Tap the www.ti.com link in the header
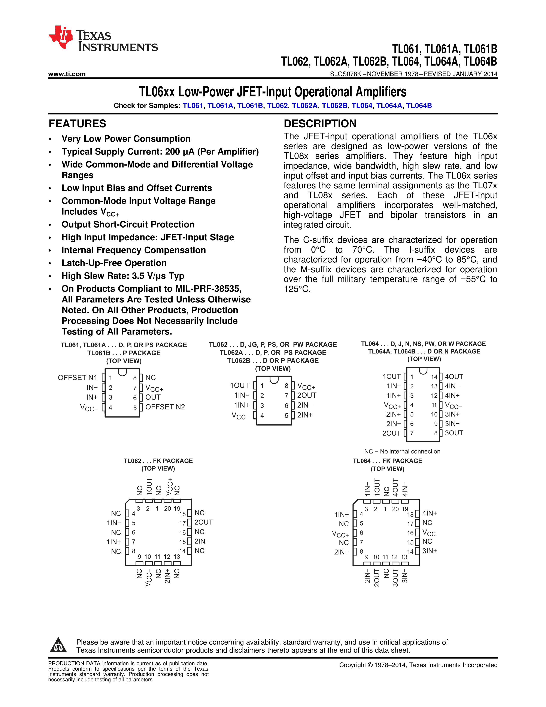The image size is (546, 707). click(67, 74)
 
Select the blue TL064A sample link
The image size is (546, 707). click(389, 106)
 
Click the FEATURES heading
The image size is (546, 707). click(77, 124)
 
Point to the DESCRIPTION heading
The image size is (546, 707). click(320, 124)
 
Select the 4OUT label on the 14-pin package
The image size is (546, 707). click(454, 376)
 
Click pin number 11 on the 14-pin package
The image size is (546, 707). click(434, 405)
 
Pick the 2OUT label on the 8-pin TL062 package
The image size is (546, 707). click(307, 395)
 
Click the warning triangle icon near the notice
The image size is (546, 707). click(58, 645)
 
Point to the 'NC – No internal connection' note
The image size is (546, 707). click(402, 451)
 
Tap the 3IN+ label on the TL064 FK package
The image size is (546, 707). click(430, 551)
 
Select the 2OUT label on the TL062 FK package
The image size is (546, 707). click(203, 522)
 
